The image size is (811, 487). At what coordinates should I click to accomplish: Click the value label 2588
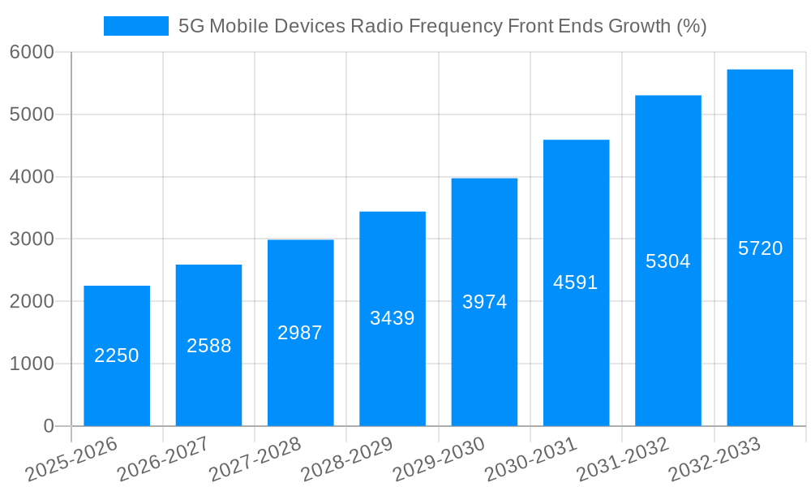(209, 346)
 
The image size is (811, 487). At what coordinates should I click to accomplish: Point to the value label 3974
(484, 302)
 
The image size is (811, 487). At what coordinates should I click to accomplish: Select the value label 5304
(667, 261)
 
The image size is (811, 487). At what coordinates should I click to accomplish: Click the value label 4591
(576, 282)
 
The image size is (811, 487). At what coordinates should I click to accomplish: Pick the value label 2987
(300, 333)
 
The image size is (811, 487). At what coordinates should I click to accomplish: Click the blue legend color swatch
(135, 26)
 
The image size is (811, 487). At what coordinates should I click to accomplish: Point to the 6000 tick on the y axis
(32, 52)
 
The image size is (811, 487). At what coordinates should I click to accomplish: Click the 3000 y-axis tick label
(32, 239)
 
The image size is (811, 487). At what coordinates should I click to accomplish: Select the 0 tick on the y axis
(48, 426)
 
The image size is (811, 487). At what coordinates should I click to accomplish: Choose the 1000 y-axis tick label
(32, 364)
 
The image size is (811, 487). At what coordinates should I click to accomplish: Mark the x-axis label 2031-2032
(623, 459)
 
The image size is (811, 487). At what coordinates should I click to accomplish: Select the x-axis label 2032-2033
(714, 459)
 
